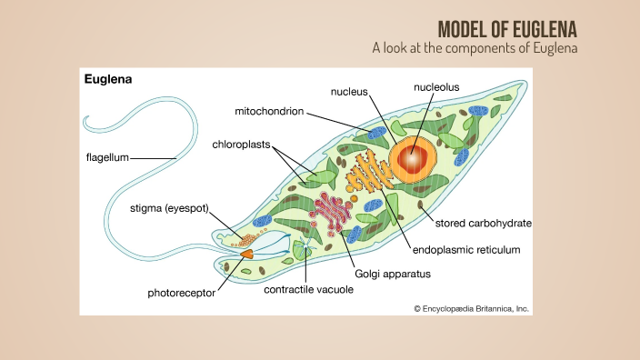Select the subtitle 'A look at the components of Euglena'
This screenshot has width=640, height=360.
(475, 46)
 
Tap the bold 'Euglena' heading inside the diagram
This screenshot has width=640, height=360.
(108, 79)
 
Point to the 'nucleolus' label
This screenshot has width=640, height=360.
(436, 87)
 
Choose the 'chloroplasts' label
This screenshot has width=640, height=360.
(241, 144)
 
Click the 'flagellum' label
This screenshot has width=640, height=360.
(105, 157)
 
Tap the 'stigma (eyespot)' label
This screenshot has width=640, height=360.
(169, 208)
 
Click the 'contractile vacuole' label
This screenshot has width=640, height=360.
(308, 290)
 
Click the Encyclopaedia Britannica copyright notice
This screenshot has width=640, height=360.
(471, 308)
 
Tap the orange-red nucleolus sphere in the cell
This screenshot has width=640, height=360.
(414, 158)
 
